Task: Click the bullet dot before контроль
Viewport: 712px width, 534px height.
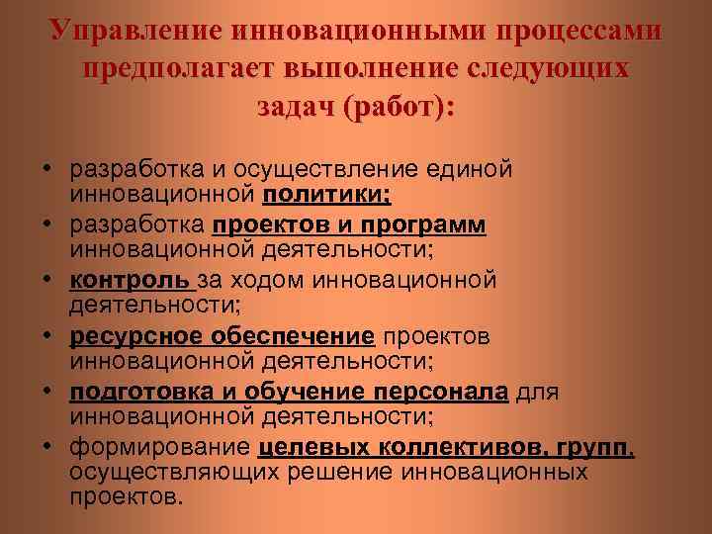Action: point(46,282)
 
